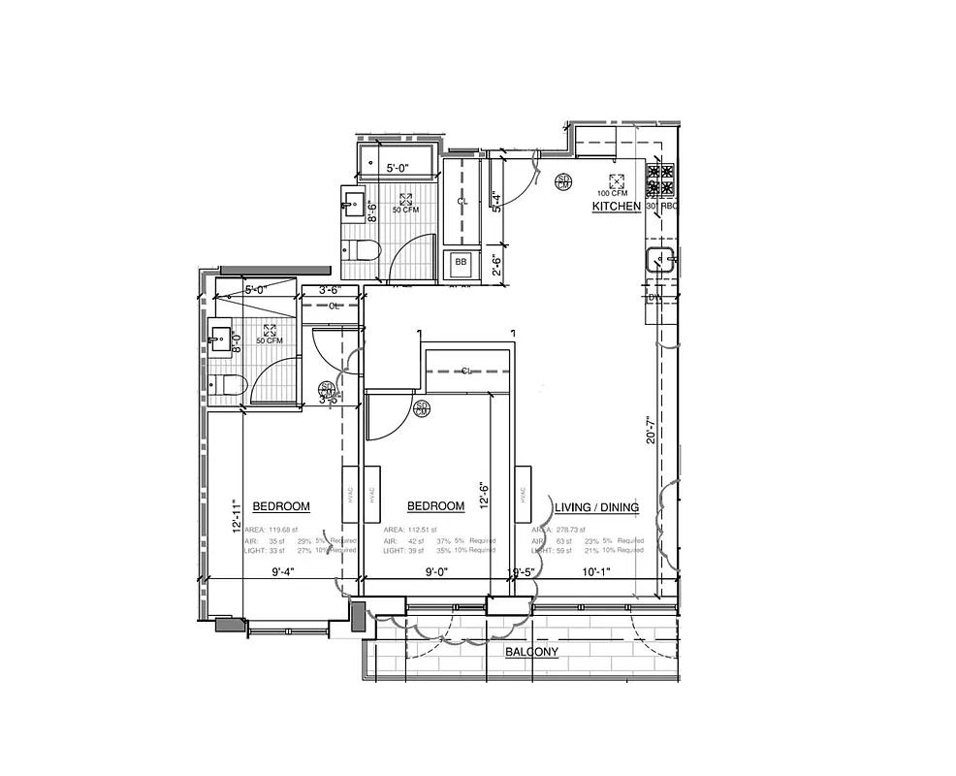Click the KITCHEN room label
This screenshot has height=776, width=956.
616,207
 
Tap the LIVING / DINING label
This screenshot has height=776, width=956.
597,507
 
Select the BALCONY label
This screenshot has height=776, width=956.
531,653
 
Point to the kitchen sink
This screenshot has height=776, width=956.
661,260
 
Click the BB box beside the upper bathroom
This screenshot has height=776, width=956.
461,262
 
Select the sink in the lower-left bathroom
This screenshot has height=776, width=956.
220,339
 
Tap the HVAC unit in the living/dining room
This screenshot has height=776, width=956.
523,494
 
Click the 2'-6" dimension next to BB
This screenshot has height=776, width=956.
495,263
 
